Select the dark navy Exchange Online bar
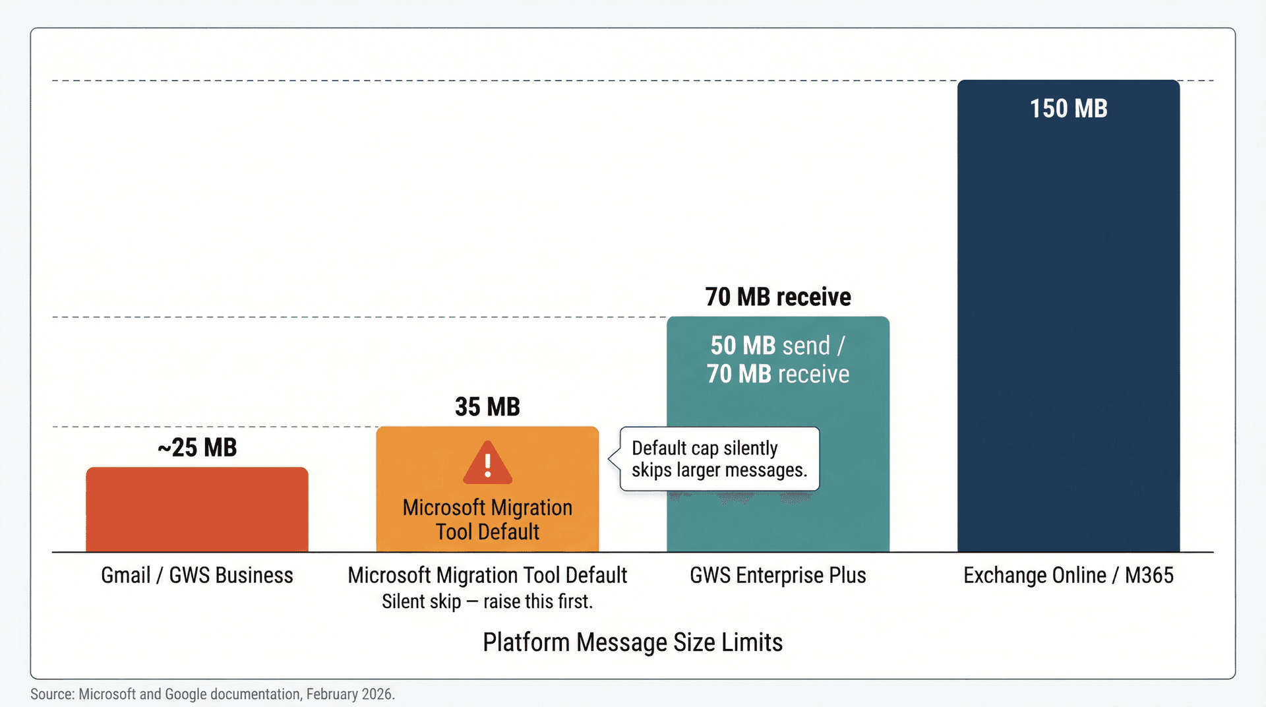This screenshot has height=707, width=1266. [1068, 330]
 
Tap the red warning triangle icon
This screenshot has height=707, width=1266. [487, 463]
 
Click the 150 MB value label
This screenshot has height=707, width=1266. [1068, 109]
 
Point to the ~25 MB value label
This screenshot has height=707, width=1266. [197, 448]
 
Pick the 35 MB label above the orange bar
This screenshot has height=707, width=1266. [487, 407]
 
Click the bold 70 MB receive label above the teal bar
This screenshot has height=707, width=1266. [778, 297]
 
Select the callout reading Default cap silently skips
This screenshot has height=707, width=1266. [719, 459]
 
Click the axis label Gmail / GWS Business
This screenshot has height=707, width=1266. [196, 575]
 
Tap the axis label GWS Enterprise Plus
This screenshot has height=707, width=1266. [778, 575]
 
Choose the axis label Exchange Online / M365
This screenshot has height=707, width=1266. [1068, 575]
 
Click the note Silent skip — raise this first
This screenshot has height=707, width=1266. [487, 601]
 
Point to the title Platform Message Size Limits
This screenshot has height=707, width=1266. [632, 642]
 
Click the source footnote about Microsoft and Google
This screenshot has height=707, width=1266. [212, 694]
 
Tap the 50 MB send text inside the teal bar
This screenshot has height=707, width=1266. [770, 346]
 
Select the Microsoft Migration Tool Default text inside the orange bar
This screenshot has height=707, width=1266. [487, 520]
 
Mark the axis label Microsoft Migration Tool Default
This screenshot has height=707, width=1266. [487, 575]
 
